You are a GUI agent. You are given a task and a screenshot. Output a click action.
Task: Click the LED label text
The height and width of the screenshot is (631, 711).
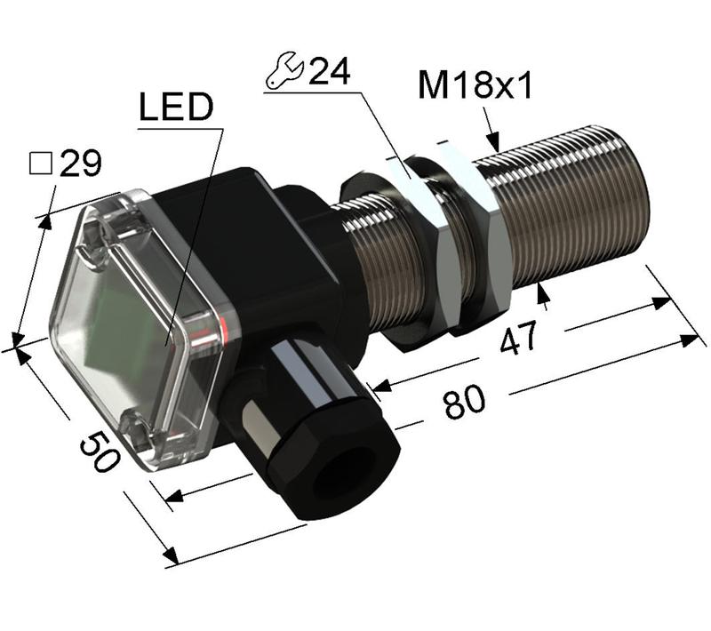pos(176,108)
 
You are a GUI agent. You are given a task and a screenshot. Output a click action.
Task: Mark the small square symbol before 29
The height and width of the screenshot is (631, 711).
pos(39,164)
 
